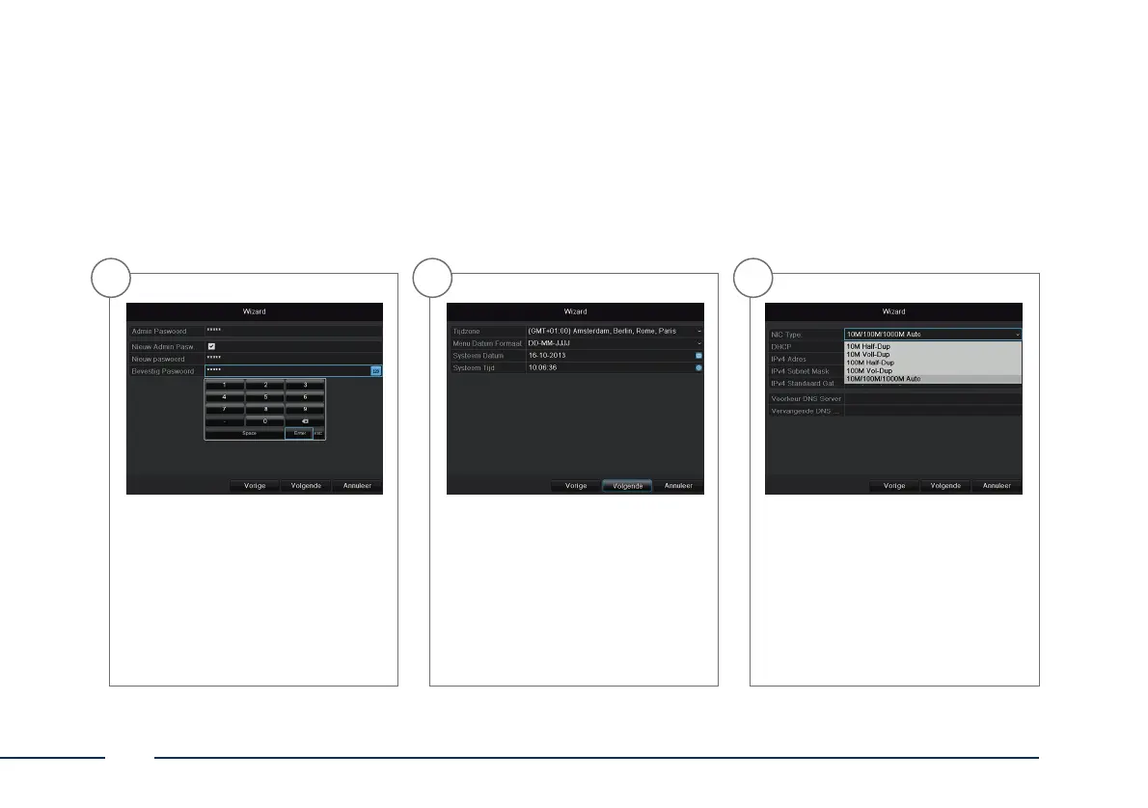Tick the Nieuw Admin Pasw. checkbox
tap(211, 345)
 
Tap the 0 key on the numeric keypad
tap(264, 421)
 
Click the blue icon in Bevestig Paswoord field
tap(376, 370)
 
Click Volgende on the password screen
tap(305, 486)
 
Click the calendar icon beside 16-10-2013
tap(698, 356)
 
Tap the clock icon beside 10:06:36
tap(698, 367)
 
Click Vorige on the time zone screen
tap(576, 486)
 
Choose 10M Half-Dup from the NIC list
tap(868, 346)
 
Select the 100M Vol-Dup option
tap(868, 370)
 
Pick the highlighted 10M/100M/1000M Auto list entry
tap(883, 379)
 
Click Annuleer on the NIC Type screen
tap(997, 486)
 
